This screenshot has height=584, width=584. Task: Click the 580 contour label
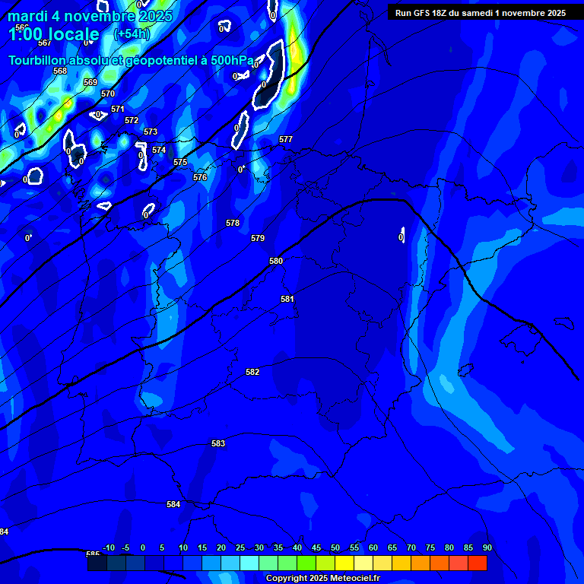point(276,261)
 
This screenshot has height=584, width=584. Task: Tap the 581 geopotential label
point(287,299)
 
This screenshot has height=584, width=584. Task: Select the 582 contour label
point(252,372)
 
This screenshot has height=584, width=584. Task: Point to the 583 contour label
point(218,443)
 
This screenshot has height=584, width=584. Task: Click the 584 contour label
point(173,504)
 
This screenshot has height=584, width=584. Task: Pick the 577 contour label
point(286,139)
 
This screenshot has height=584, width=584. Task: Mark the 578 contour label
point(233,223)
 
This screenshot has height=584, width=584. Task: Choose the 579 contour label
point(258,238)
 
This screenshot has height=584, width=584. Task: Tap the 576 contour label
point(200,177)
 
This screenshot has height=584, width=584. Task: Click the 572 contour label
point(132,120)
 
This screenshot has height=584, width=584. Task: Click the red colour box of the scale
point(477,563)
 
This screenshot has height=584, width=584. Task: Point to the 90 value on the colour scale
point(487,547)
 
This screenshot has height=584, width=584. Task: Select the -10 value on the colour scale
point(109,547)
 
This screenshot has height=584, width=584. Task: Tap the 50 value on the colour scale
point(335,547)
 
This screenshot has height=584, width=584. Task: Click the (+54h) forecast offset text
point(132,33)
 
